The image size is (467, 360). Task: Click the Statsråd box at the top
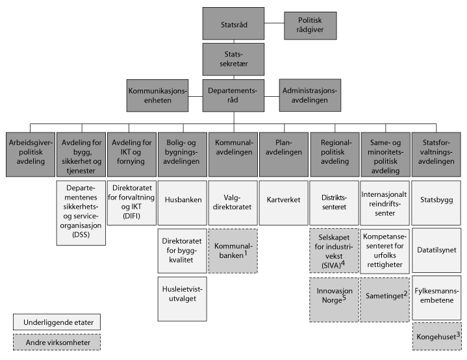pos(234,25)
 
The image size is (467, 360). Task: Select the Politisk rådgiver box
pos(309,25)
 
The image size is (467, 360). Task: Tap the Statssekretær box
pos(234,60)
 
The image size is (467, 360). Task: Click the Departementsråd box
pos(234,96)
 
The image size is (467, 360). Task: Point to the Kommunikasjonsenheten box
pos(157,96)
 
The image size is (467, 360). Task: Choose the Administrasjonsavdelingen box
pos(310,96)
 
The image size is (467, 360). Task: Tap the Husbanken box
pos(183,201)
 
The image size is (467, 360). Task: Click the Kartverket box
pos(284,199)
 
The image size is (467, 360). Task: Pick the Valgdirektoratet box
pos(234,201)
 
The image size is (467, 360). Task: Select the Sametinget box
pos(386,296)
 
